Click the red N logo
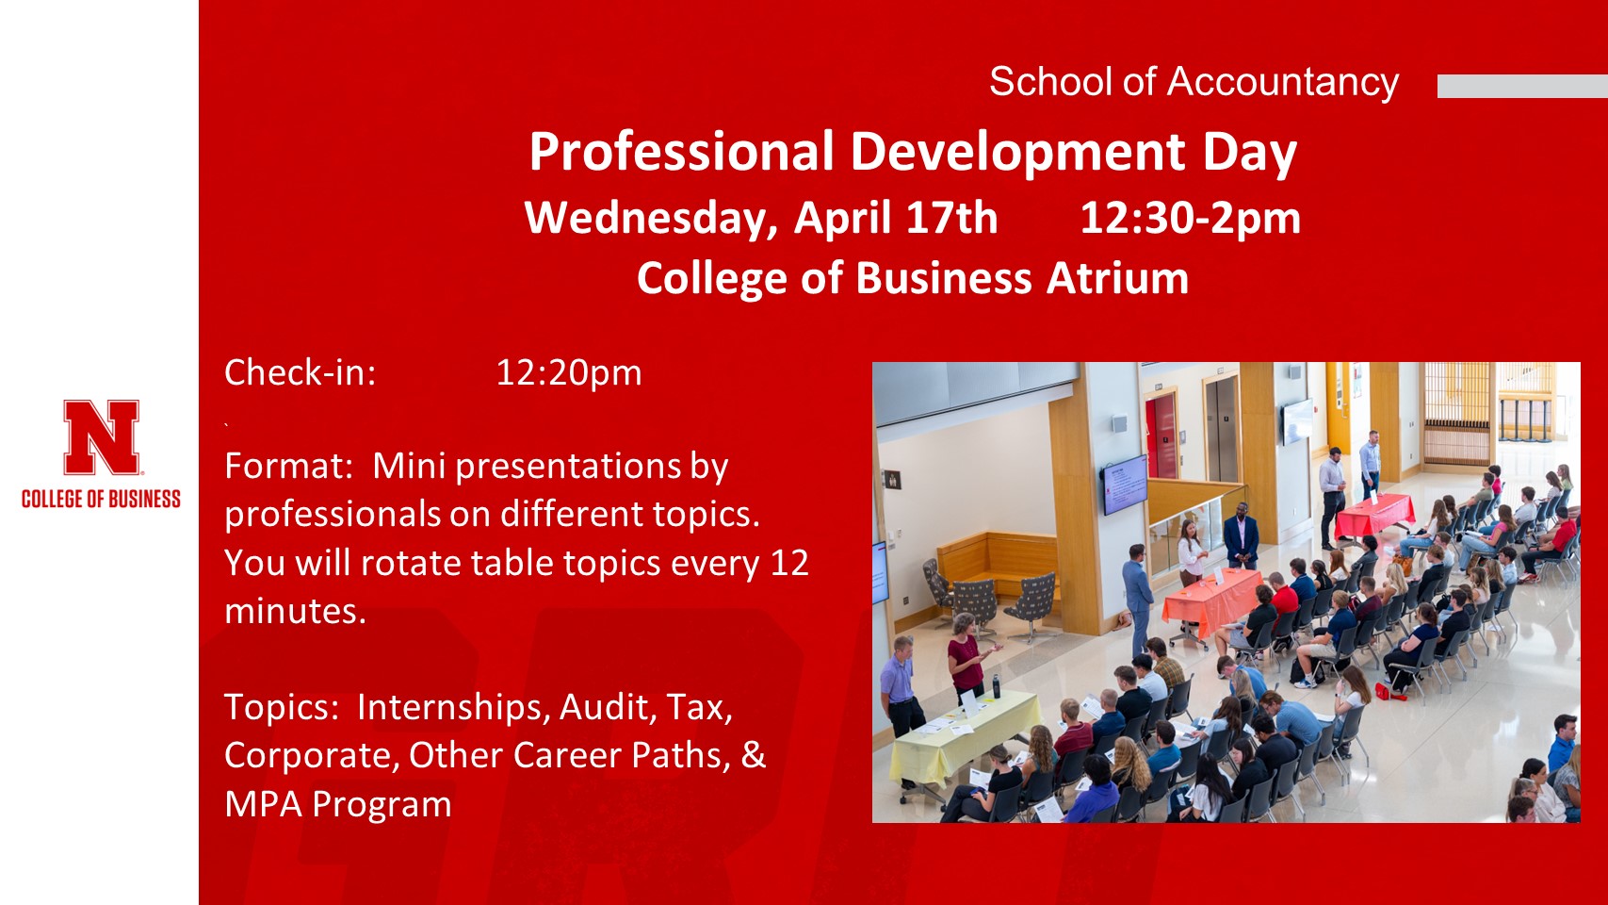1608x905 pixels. (x=101, y=437)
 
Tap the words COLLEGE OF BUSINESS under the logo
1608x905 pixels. (x=101, y=500)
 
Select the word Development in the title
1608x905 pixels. (x=1017, y=153)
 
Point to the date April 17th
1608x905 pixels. (x=896, y=218)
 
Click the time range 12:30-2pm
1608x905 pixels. (x=1190, y=218)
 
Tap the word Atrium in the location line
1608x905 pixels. (x=1117, y=278)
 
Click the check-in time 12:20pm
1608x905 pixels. (x=569, y=373)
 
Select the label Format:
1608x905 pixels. (x=288, y=466)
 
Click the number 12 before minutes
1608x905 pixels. (x=789, y=563)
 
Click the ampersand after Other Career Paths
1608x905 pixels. (x=753, y=755)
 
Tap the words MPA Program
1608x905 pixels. (x=338, y=804)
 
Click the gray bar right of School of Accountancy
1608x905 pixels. (x=1522, y=86)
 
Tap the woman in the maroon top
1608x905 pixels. (x=966, y=657)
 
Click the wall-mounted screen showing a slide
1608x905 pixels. (x=1125, y=485)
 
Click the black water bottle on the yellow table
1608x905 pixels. (x=997, y=685)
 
